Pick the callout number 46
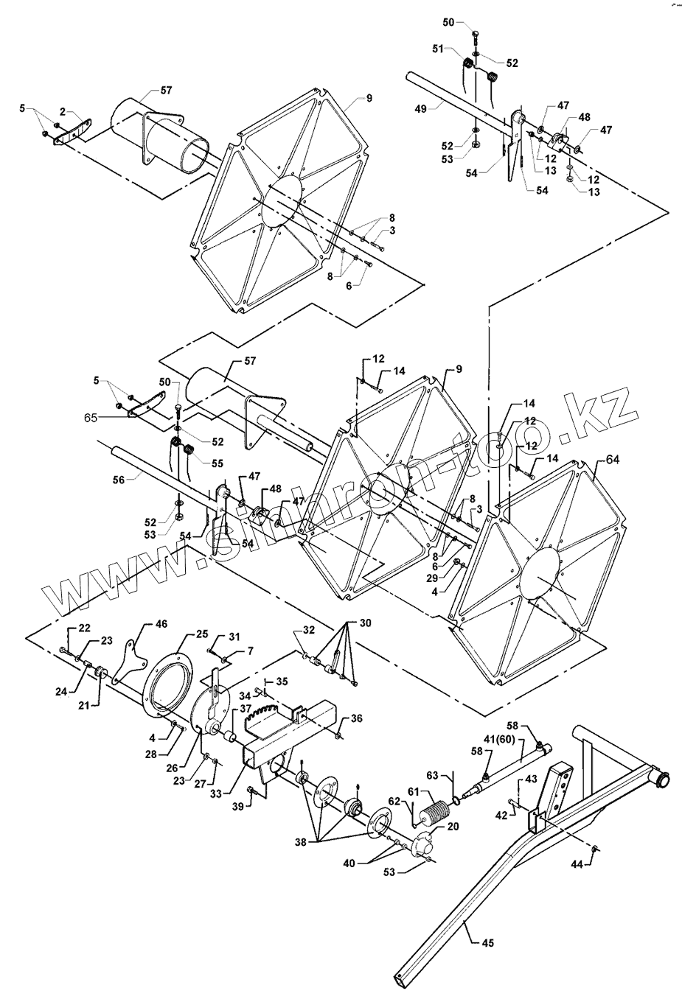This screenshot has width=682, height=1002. click(x=161, y=623)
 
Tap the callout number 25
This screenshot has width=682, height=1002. click(x=202, y=634)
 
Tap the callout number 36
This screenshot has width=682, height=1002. click(x=357, y=718)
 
